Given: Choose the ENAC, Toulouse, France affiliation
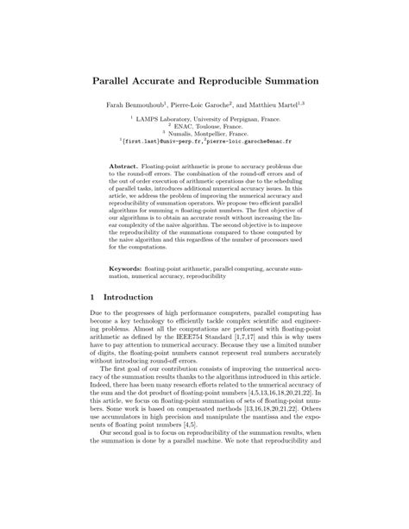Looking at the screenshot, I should pyautogui.click(x=204, y=127).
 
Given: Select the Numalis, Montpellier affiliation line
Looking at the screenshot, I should pyautogui.click(x=206, y=135).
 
